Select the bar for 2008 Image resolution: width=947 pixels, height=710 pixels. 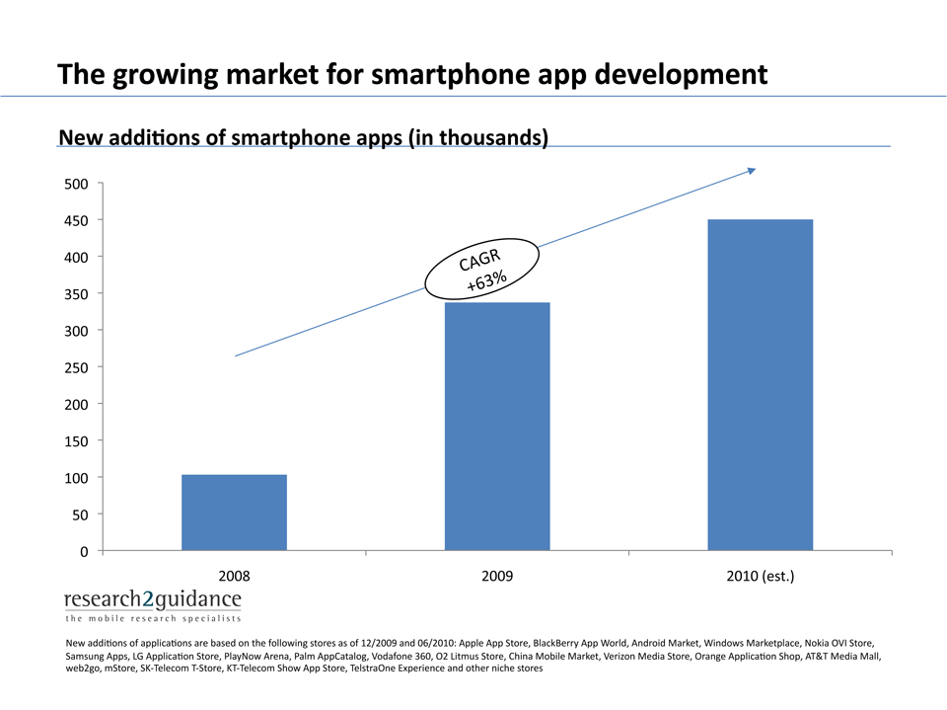pos(234,513)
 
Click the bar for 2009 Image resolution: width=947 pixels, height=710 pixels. pos(497,427)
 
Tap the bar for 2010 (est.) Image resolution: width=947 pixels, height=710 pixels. pos(760,385)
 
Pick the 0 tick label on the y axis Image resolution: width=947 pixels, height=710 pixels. pos(84,551)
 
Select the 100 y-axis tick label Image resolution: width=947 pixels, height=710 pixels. pos(78,478)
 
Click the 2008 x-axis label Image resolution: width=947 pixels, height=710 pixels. pos(234,575)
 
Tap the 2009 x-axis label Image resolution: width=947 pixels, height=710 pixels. pos(497,575)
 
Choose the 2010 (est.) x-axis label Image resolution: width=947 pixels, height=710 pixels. pos(760,575)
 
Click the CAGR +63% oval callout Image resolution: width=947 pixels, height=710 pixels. pos(483,269)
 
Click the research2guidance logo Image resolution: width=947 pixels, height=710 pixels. pos(153,600)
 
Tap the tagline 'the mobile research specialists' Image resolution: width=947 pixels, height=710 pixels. pos(152,619)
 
